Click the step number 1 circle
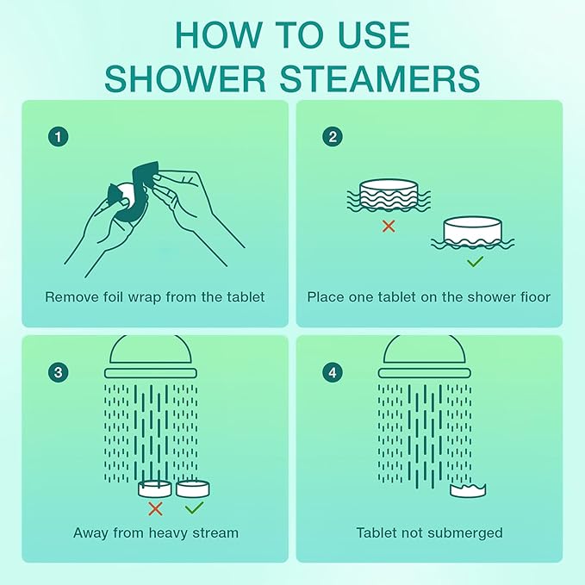tap(58, 136)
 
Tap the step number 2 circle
tap(332, 136)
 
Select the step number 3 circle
tap(58, 372)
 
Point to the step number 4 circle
tap(332, 372)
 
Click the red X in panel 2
tap(389, 226)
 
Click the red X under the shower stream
tap(156, 508)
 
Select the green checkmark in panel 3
tap(194, 508)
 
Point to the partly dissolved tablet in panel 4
tap(469, 490)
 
